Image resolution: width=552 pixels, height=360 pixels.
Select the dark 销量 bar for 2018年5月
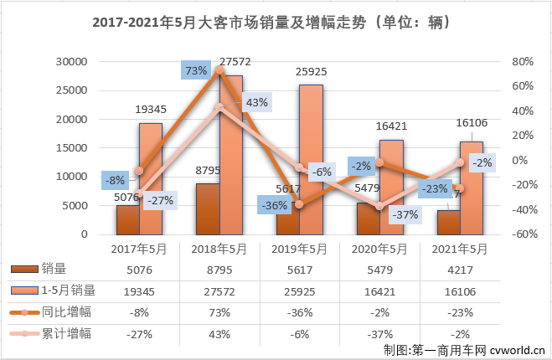tap(208, 208)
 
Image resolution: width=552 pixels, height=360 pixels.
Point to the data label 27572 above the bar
tap(231, 62)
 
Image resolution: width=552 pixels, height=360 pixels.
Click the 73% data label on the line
tap(196, 71)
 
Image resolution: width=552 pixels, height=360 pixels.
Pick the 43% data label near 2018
tap(256, 103)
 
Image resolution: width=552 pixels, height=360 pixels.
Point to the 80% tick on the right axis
tap(521, 62)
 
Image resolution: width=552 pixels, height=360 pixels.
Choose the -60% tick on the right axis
tap(521, 234)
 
